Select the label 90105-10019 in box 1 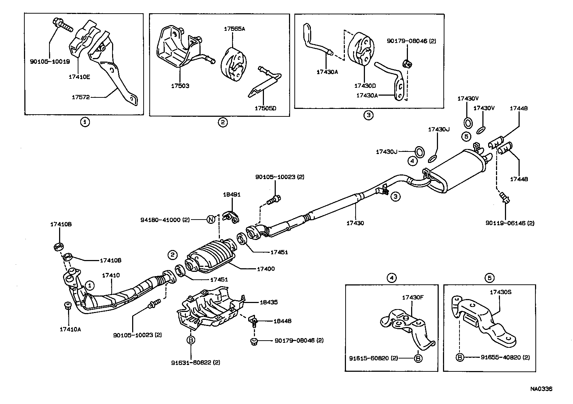(50, 61)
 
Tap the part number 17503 (180, 86)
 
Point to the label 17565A (235, 29)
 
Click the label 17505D (266, 108)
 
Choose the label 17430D (365, 86)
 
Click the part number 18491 (232, 194)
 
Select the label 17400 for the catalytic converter (266, 269)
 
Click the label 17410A (70, 329)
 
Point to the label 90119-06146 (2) (510, 223)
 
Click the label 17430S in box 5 (501, 292)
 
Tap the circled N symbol (211, 220)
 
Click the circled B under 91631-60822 (191, 340)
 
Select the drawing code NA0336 (541, 388)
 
